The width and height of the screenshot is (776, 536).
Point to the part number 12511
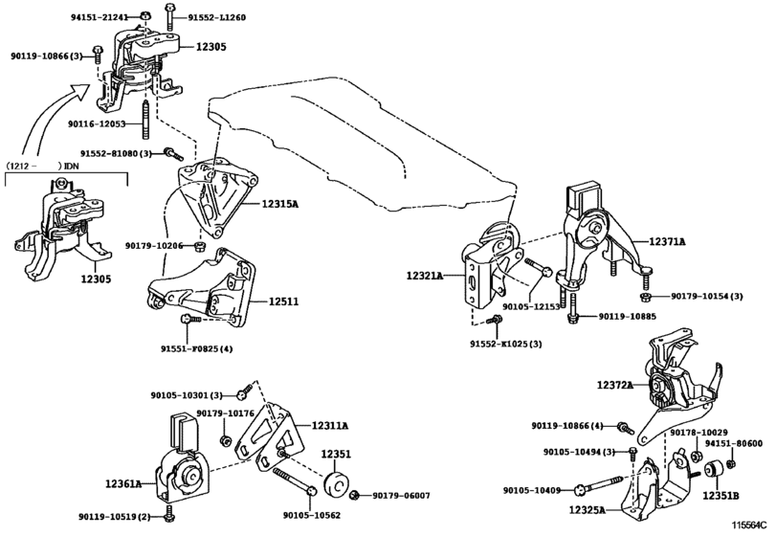283,301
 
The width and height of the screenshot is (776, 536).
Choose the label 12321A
423,276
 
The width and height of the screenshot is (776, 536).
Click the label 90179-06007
401,495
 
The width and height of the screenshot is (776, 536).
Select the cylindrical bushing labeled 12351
338,482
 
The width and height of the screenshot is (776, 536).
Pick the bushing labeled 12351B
713,473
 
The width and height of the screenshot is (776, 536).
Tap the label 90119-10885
628,317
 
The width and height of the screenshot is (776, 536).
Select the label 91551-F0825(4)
196,348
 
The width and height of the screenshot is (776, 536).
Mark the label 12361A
124,484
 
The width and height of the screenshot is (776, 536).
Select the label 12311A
329,426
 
